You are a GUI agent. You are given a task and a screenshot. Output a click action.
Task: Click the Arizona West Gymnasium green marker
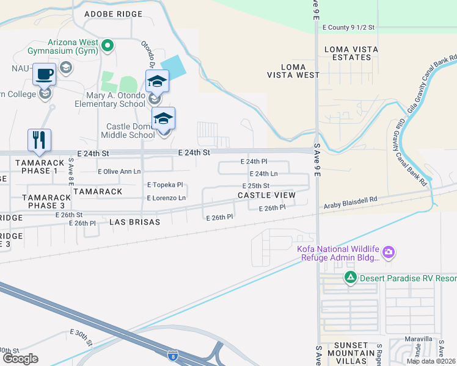(108, 45)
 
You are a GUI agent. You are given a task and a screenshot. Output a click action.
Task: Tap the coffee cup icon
(44, 75)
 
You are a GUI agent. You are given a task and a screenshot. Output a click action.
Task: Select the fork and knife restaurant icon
(39, 140)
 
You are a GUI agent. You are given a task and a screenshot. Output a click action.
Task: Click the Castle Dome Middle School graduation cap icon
(163, 118)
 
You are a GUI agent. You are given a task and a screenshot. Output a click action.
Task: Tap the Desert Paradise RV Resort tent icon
(350, 278)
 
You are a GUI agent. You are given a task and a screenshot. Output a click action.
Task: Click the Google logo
(20, 359)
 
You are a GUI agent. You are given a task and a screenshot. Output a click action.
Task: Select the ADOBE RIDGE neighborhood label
(113, 14)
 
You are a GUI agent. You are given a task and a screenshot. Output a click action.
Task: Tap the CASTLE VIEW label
(266, 195)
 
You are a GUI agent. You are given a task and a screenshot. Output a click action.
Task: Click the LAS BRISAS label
(134, 223)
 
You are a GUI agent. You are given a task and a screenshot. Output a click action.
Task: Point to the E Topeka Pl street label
(165, 184)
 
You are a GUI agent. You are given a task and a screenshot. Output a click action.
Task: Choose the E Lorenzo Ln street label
(166, 198)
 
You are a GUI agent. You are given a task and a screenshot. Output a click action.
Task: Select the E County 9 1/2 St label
(348, 27)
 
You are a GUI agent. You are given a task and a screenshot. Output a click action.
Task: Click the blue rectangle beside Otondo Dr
(174, 66)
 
